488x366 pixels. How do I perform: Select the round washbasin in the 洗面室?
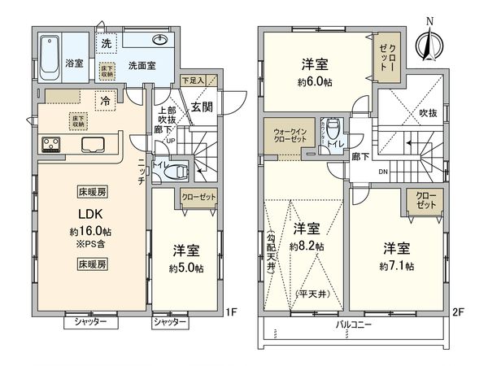[159, 41]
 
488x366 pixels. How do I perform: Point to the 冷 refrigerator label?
[107, 101]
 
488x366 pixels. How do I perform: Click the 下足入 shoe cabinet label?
[192, 80]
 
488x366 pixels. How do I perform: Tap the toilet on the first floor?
[180, 172]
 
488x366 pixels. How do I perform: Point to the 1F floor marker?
[231, 310]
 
